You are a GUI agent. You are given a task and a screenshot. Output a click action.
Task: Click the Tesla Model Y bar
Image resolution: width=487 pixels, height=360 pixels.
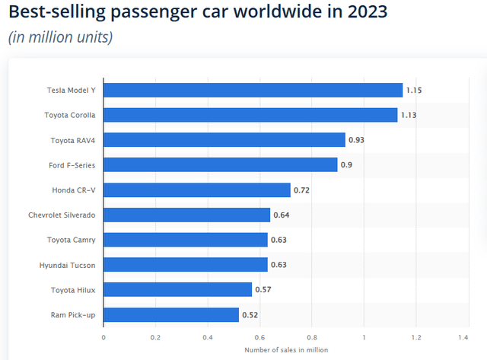[253, 91]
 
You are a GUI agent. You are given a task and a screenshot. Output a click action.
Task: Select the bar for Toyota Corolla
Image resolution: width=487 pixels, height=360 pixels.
[250, 115]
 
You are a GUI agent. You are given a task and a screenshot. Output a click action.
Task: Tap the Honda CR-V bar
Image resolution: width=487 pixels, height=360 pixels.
[197, 190]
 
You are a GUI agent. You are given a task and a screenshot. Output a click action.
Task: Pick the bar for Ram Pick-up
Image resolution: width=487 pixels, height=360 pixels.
[171, 314]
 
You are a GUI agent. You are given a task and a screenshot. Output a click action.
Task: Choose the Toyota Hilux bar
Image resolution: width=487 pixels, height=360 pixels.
[177, 289]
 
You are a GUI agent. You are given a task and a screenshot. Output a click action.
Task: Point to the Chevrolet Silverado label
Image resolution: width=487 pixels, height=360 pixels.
[60, 215]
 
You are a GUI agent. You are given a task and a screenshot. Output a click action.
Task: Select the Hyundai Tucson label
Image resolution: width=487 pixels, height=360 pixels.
[67, 265]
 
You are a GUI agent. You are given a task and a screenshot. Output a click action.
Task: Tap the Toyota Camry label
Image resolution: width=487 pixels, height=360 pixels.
[70, 240]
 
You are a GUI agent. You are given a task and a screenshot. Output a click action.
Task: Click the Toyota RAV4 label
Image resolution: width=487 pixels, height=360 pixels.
[72, 140]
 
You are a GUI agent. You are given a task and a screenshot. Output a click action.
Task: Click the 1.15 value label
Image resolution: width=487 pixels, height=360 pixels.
[414, 91]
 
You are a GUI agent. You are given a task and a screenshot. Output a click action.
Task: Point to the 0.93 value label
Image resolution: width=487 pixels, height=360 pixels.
[356, 140]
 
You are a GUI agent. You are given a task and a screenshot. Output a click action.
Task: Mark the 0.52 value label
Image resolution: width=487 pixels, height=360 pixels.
[250, 314]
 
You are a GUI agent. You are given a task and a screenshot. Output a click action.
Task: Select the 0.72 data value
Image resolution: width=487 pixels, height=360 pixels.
[301, 190]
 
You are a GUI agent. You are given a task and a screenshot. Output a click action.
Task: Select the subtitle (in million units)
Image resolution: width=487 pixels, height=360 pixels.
[60, 37]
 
